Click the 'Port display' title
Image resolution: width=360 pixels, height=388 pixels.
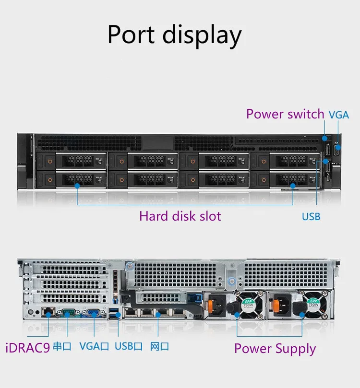click(174, 35)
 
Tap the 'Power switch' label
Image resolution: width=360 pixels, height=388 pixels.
click(285, 114)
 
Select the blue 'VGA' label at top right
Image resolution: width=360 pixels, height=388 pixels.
click(339, 115)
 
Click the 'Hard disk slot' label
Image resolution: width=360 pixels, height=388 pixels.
click(180, 216)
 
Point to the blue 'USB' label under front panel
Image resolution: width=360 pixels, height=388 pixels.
click(311, 217)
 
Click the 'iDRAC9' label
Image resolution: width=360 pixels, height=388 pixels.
click(27, 346)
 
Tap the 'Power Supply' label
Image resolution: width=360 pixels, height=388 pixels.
click(275, 349)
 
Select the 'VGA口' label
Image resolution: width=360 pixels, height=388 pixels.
click(94, 346)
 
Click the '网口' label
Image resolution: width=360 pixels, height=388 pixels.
click(159, 346)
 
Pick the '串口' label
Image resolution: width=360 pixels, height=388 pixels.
click(62, 346)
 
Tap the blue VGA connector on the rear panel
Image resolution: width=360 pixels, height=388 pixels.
click(94, 313)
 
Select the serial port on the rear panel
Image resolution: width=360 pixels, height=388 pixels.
click(67, 313)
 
